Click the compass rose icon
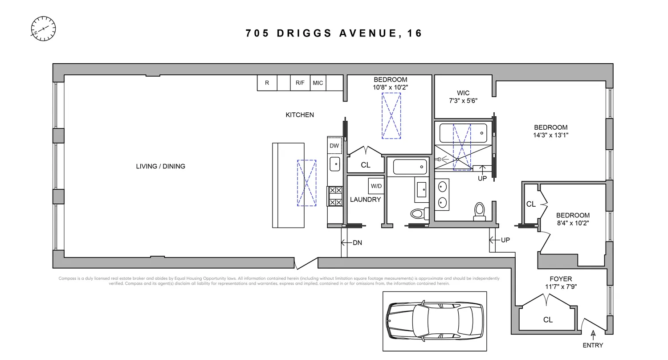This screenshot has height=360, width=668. (43, 29)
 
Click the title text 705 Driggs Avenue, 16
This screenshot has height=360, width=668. (334, 33)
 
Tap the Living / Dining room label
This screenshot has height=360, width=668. (160, 166)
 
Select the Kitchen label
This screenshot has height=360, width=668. (300, 115)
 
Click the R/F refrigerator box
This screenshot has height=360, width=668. (300, 83)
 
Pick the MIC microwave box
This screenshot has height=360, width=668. (318, 83)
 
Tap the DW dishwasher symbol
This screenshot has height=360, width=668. (334, 146)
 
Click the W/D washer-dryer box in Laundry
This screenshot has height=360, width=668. (376, 186)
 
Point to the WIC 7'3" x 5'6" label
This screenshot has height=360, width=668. (463, 97)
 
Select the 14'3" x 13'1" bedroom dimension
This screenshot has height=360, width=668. (551, 135)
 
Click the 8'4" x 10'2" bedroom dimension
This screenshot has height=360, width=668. (572, 223)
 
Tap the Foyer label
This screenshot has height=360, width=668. (561, 279)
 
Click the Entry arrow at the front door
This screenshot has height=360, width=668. (593, 334)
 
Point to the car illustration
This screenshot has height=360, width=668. (435, 321)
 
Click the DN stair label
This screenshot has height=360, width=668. (357, 243)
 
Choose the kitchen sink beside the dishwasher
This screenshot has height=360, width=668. (334, 164)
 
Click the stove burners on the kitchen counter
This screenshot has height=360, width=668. (334, 196)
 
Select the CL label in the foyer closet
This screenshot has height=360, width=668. (548, 320)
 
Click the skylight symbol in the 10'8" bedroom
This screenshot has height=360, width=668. (391, 116)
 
